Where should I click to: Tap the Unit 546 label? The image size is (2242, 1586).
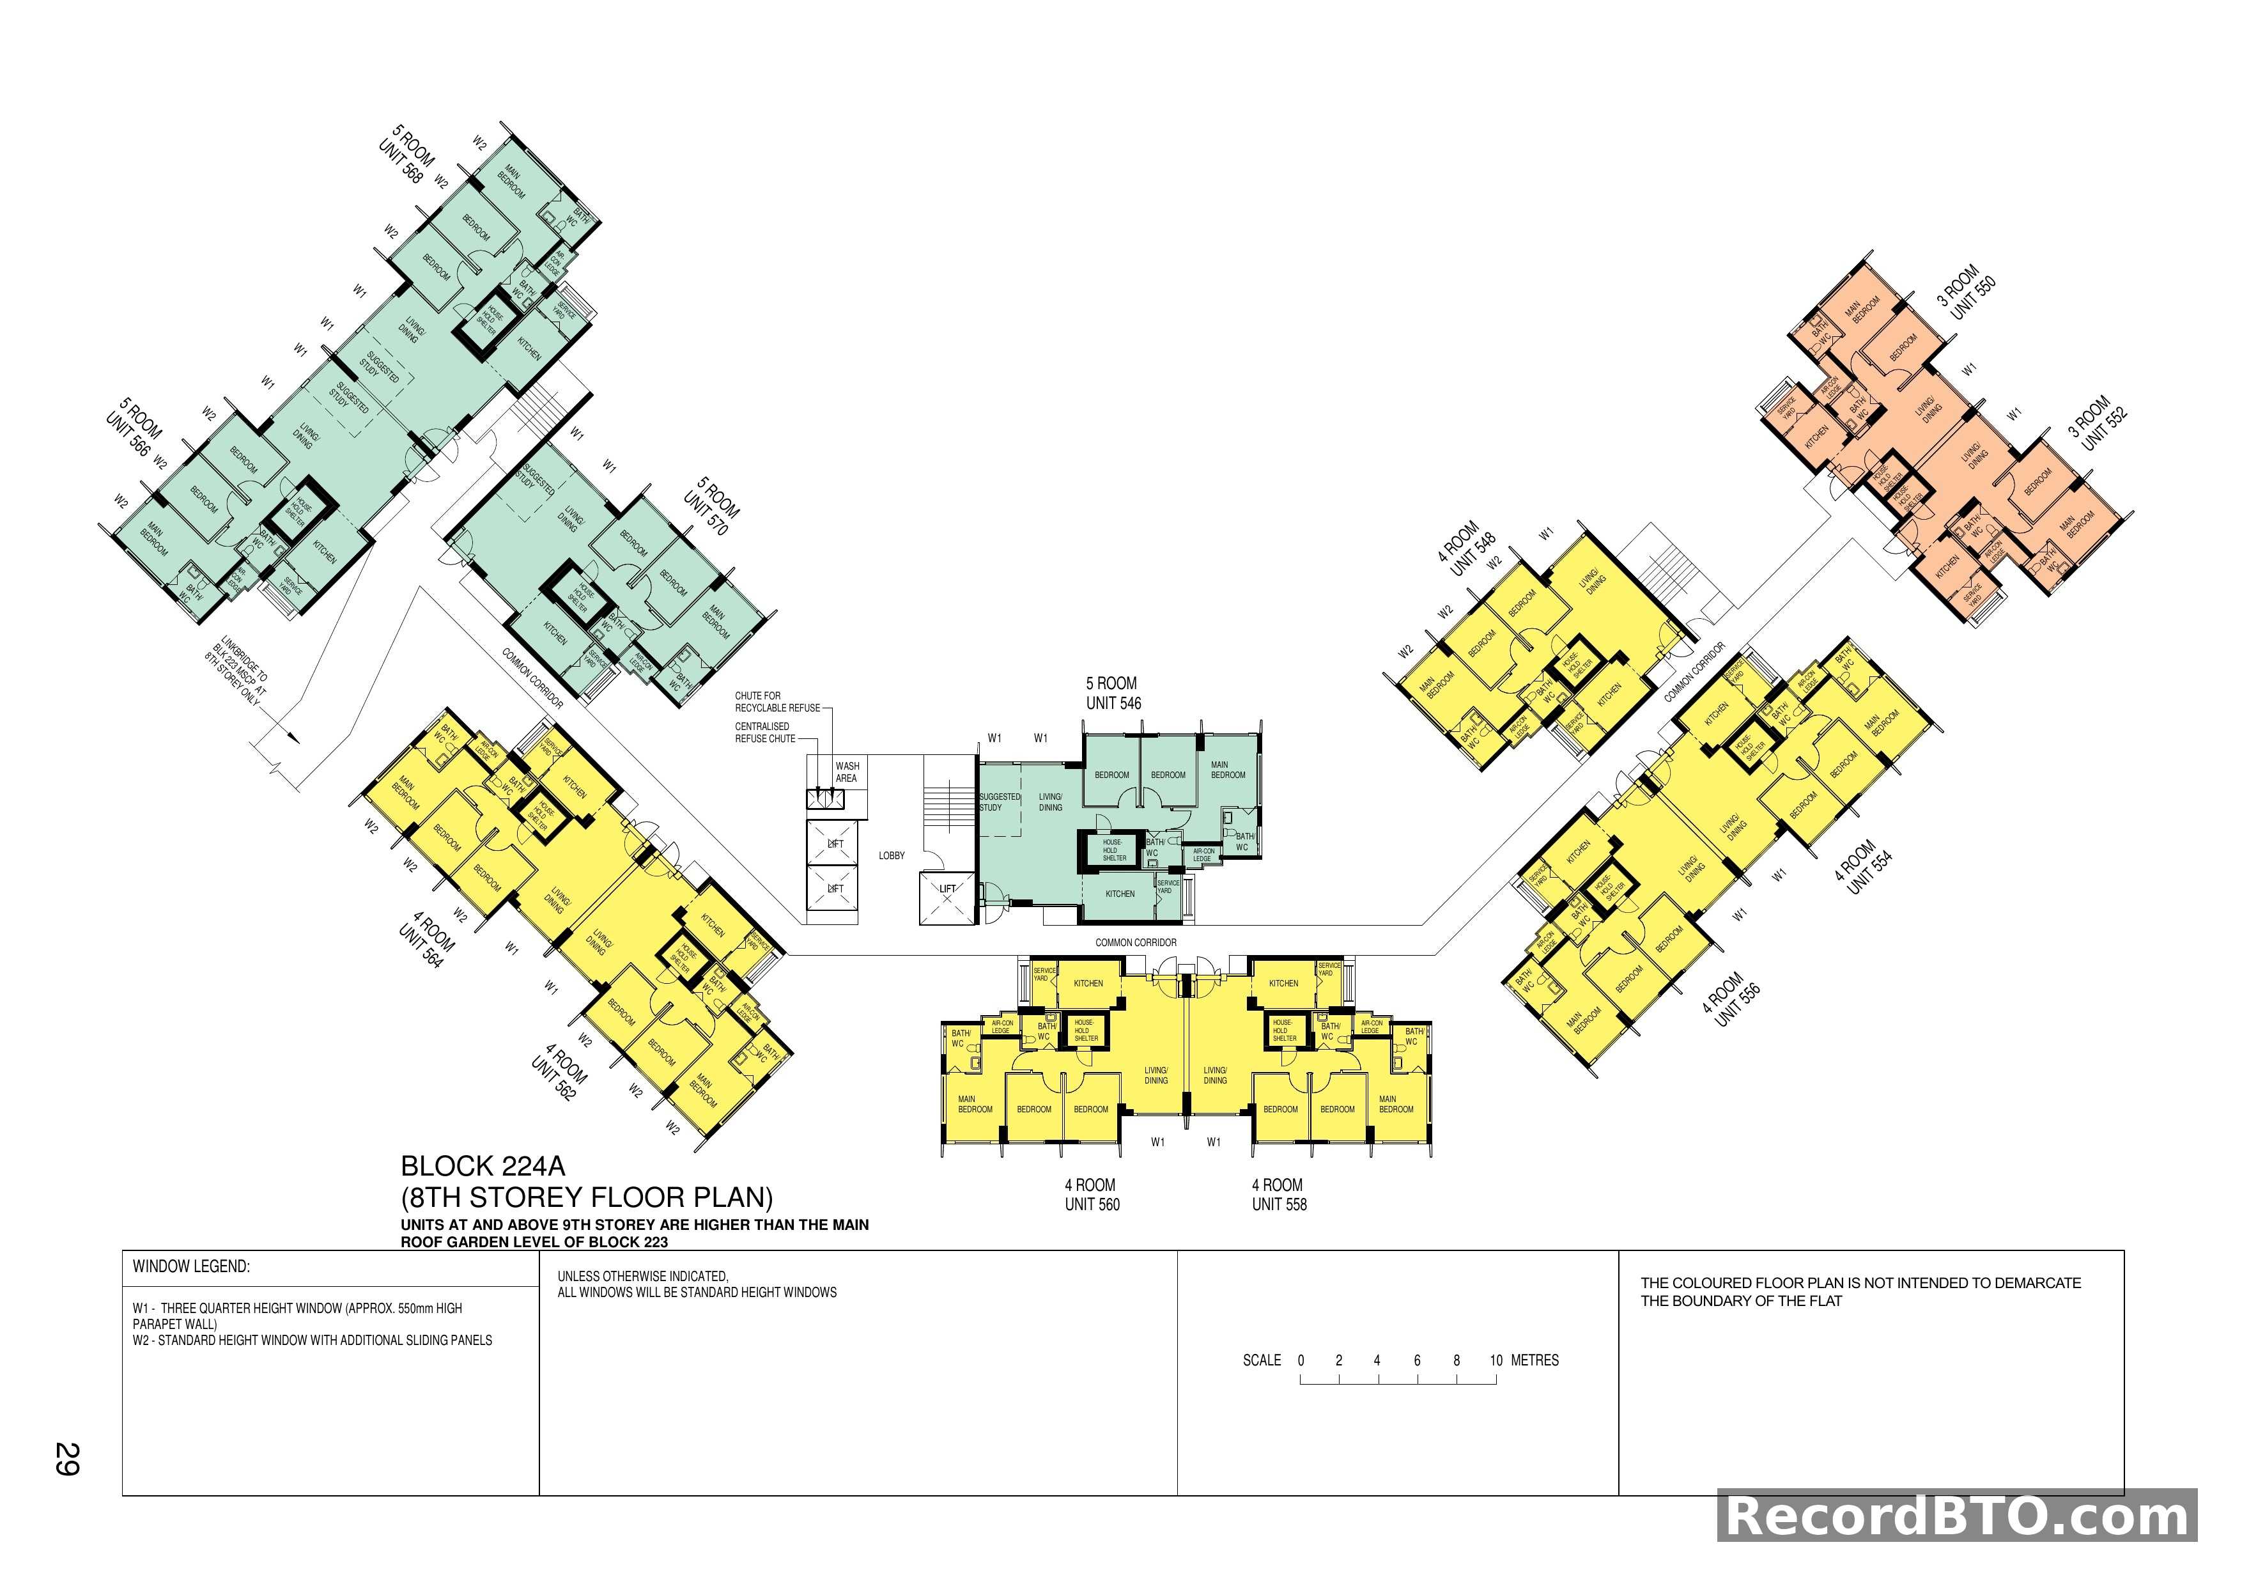pos(1113,703)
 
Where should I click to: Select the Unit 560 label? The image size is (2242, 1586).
pos(1092,1204)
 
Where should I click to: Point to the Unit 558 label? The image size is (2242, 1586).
pos(1279,1204)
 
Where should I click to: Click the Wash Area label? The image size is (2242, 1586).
pos(847,772)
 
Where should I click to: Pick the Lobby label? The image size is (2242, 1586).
pos(892,855)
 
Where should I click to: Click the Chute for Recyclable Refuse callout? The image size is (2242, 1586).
pos(777,701)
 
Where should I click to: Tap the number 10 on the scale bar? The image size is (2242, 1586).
pos(1496,1360)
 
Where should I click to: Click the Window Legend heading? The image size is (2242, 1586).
pos(191,1266)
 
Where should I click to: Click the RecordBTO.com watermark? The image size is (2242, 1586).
pos(1957,1517)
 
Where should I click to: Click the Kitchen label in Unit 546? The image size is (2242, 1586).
pos(1120,894)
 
